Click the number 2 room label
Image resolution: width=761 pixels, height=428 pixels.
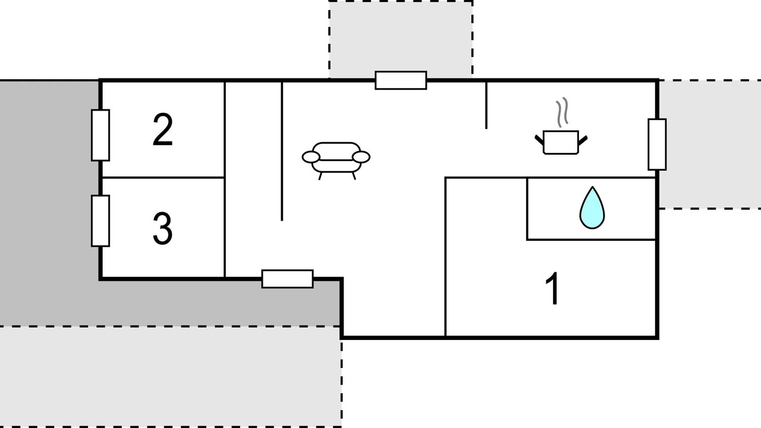[x=163, y=130]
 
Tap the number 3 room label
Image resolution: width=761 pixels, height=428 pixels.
[x=163, y=228]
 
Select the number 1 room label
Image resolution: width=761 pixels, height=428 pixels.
[x=553, y=288]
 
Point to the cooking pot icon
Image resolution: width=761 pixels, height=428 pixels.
[x=561, y=142]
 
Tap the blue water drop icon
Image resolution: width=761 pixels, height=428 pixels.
[x=592, y=207]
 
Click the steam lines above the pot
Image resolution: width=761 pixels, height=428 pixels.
[x=562, y=112]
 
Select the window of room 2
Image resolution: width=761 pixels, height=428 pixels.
[x=100, y=135]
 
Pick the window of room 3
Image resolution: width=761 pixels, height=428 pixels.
[x=100, y=221]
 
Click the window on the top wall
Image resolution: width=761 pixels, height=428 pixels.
[x=401, y=80]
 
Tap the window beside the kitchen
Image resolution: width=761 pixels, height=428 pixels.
[x=657, y=144]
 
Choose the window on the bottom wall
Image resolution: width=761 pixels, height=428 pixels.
[x=287, y=279]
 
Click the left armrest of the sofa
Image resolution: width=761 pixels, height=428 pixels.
[x=311, y=158]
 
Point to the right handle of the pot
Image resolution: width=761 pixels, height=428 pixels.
[x=583, y=140]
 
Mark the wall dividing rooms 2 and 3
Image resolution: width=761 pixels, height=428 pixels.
[x=163, y=177]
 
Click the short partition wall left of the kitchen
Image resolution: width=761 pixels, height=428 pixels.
[x=486, y=105]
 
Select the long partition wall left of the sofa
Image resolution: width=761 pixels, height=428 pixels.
[x=282, y=152]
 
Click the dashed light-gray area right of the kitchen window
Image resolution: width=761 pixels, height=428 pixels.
[x=710, y=144]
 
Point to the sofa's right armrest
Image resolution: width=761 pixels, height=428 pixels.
[x=361, y=158]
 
